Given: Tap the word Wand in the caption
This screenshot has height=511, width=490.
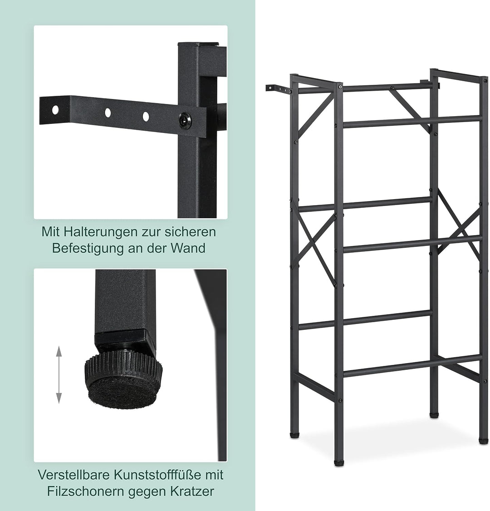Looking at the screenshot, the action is click(188, 248).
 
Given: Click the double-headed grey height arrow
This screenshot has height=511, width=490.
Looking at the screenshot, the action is click(59, 375).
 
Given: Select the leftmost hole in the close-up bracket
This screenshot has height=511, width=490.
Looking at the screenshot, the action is click(55, 109).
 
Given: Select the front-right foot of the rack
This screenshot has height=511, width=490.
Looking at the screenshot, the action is click(484, 441).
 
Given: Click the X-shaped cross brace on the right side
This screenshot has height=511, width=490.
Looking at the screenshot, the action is click(459, 225).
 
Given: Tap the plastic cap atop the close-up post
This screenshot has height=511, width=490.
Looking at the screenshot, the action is click(197, 44).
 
